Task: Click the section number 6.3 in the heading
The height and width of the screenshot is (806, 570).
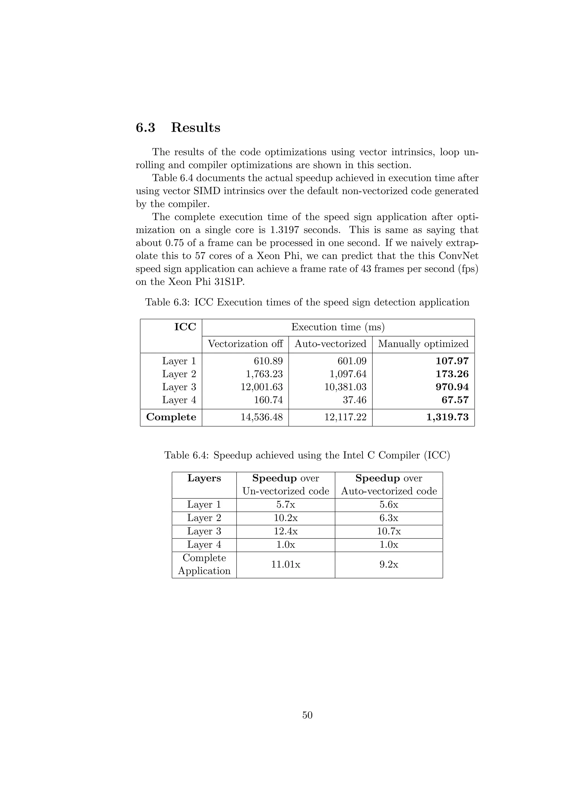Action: [x=145, y=127]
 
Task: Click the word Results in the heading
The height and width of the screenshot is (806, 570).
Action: [x=195, y=127]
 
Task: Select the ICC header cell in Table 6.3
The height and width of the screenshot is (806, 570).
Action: [x=185, y=327]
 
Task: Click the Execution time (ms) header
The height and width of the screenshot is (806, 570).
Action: [x=338, y=327]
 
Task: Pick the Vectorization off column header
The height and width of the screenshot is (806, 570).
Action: [x=245, y=344]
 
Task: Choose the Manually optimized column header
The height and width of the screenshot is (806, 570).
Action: [x=423, y=344]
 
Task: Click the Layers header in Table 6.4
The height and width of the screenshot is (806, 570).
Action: [x=204, y=478]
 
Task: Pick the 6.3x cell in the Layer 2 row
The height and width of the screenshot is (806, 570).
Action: [x=389, y=518]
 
